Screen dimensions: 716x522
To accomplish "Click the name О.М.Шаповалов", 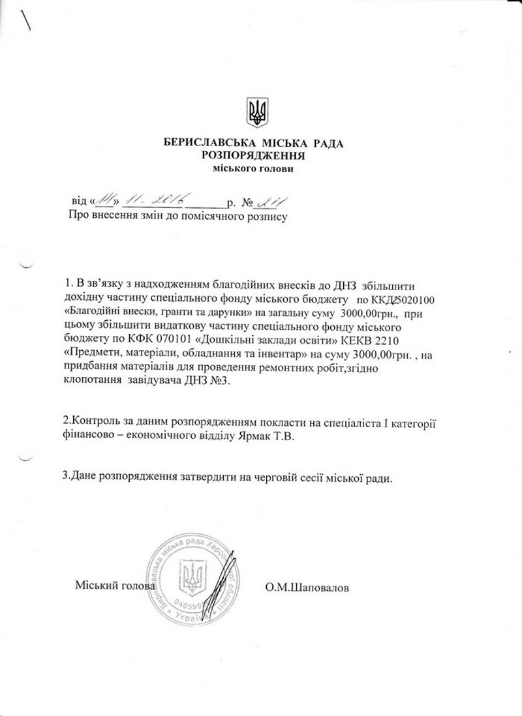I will pyautogui.click(x=307, y=587).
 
